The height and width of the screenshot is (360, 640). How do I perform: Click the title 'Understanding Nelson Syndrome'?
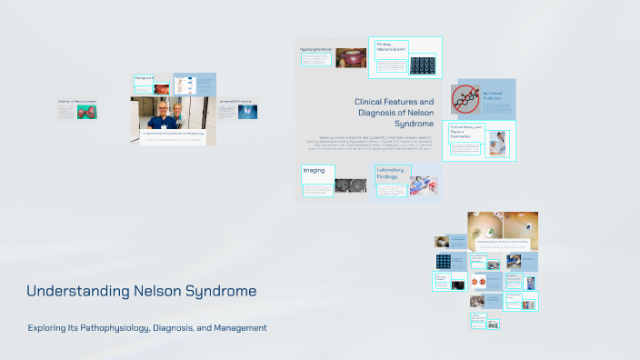(x=141, y=291)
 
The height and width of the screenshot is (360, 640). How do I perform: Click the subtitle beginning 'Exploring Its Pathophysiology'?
(x=146, y=327)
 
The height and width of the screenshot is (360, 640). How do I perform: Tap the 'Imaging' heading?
(x=314, y=170)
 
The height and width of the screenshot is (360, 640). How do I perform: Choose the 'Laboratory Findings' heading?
(x=388, y=174)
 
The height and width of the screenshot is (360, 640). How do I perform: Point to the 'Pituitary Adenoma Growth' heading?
(x=391, y=46)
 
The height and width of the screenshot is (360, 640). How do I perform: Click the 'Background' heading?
(x=144, y=78)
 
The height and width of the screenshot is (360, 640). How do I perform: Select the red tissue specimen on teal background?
(x=88, y=112)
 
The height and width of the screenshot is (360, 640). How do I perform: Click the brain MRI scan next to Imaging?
(x=346, y=185)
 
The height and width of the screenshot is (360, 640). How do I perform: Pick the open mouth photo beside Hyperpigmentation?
(x=350, y=57)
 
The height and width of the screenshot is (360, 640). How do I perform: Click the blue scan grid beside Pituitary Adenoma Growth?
(x=423, y=65)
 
